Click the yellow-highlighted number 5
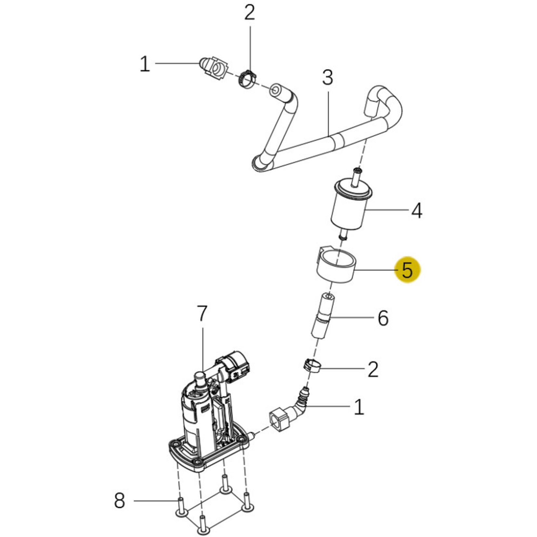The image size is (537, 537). pyautogui.click(x=407, y=270)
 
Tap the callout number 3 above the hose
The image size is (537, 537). pyautogui.click(x=328, y=78)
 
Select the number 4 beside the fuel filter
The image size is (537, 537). pyautogui.click(x=417, y=211)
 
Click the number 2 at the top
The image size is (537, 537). pyautogui.click(x=250, y=13)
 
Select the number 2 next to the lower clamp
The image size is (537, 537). pyautogui.click(x=373, y=369)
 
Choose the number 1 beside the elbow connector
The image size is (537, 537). pyautogui.click(x=359, y=407)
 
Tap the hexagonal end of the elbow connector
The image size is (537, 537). pyautogui.click(x=280, y=420)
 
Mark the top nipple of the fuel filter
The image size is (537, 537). pyautogui.click(x=357, y=177)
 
